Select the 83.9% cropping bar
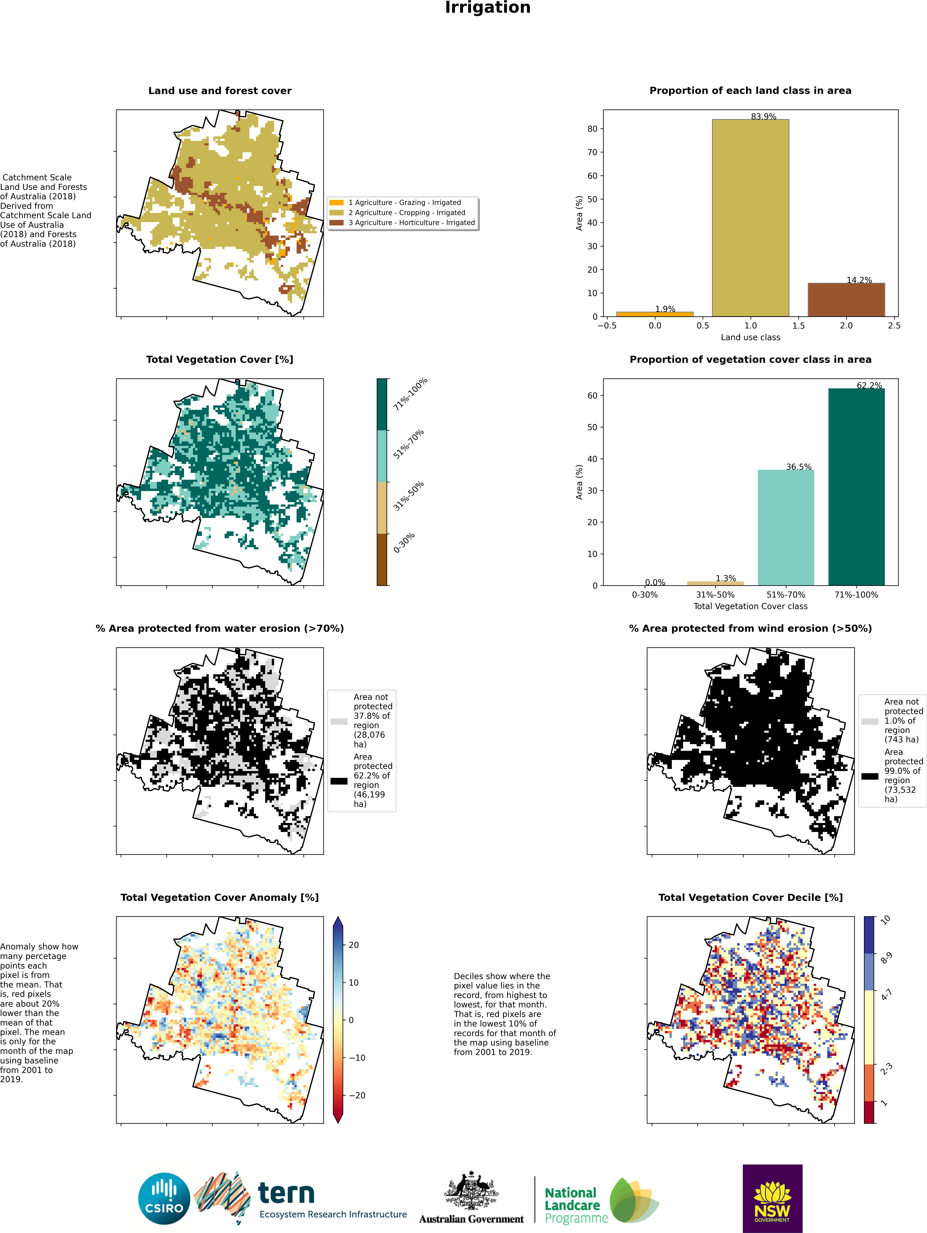750,217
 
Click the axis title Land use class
750,337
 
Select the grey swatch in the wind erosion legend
870,721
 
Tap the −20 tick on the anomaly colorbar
357,1095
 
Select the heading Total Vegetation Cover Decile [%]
750,898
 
